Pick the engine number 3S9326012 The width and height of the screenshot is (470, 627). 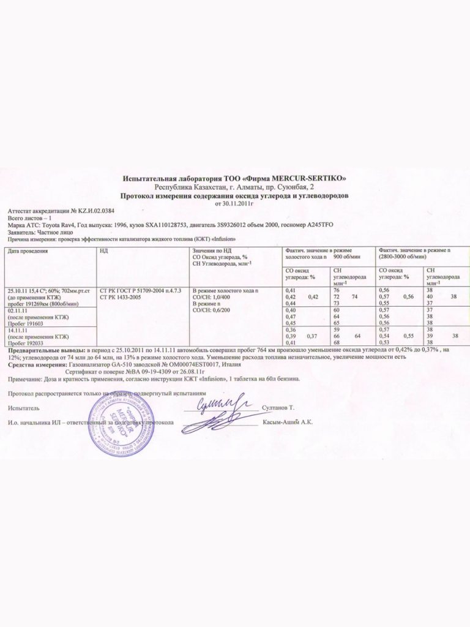(236, 225)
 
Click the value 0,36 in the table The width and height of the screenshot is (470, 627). (291, 330)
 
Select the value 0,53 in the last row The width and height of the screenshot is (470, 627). (384, 342)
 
